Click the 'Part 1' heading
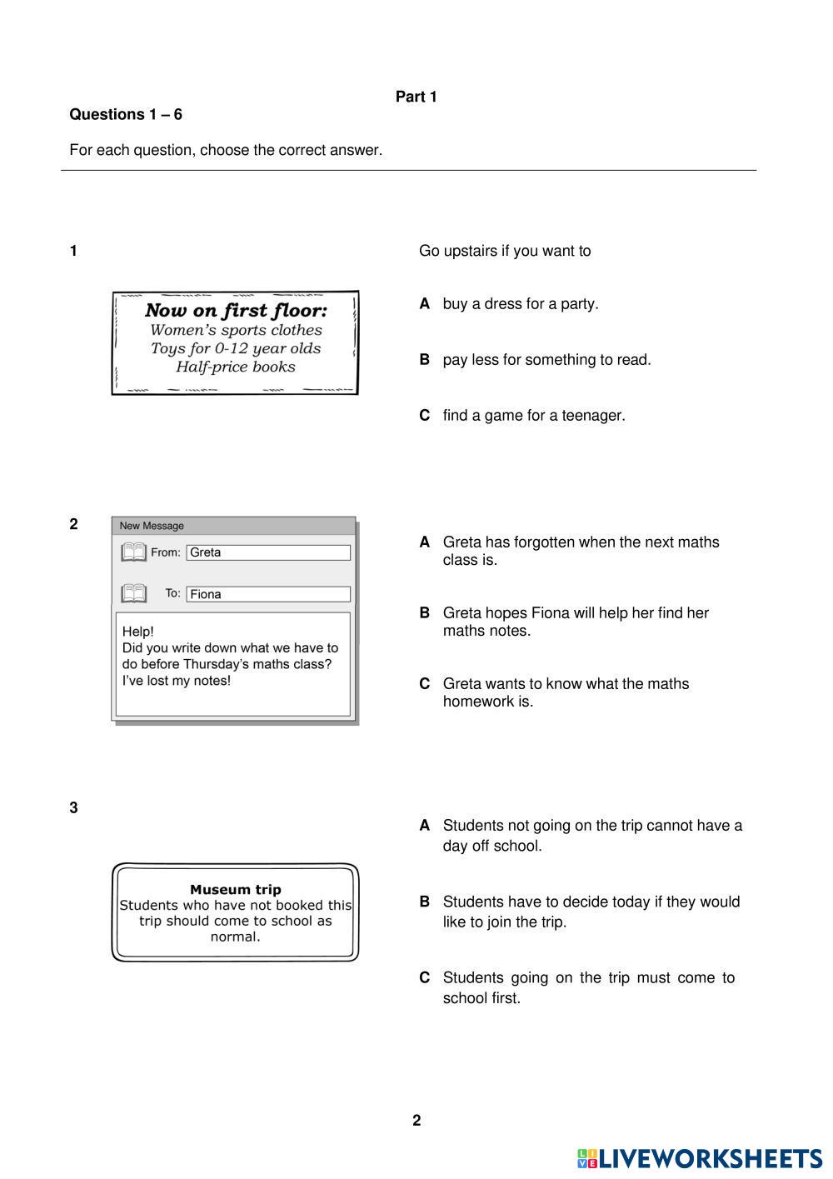(x=416, y=97)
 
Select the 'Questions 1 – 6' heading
(x=126, y=115)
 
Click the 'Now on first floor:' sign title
(x=236, y=311)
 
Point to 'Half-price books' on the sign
(x=236, y=367)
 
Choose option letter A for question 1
(x=425, y=304)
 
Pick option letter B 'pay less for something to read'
(x=425, y=360)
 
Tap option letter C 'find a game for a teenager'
(x=425, y=416)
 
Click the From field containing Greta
(x=267, y=552)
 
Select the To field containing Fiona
(x=267, y=594)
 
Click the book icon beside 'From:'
(x=133, y=552)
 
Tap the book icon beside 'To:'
(x=133, y=593)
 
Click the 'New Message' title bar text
(x=152, y=526)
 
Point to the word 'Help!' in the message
(x=138, y=632)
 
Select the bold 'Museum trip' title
(x=236, y=889)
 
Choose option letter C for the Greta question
(x=425, y=684)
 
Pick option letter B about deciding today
(x=425, y=902)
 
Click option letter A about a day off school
(x=425, y=826)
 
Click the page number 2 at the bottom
(x=416, y=1121)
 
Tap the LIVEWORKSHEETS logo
(x=700, y=1158)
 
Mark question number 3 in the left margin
(x=74, y=807)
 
